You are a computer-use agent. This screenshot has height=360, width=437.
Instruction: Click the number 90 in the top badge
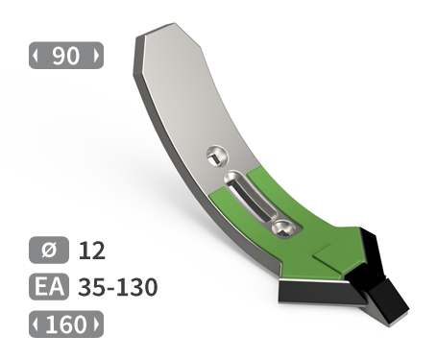(65, 56)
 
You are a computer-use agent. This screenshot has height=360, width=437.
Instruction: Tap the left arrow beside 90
(36, 56)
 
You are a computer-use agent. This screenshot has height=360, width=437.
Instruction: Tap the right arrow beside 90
(96, 56)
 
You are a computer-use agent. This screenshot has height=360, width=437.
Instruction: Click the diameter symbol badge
(49, 250)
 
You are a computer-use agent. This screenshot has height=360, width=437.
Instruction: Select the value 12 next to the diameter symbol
(91, 251)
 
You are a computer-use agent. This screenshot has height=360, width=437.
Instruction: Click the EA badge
(49, 287)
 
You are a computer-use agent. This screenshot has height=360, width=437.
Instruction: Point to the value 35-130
(118, 287)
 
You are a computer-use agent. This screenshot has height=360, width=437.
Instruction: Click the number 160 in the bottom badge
(66, 324)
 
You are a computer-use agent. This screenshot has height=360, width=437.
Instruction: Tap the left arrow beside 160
(36, 324)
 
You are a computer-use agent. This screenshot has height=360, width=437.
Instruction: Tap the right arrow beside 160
(97, 324)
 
